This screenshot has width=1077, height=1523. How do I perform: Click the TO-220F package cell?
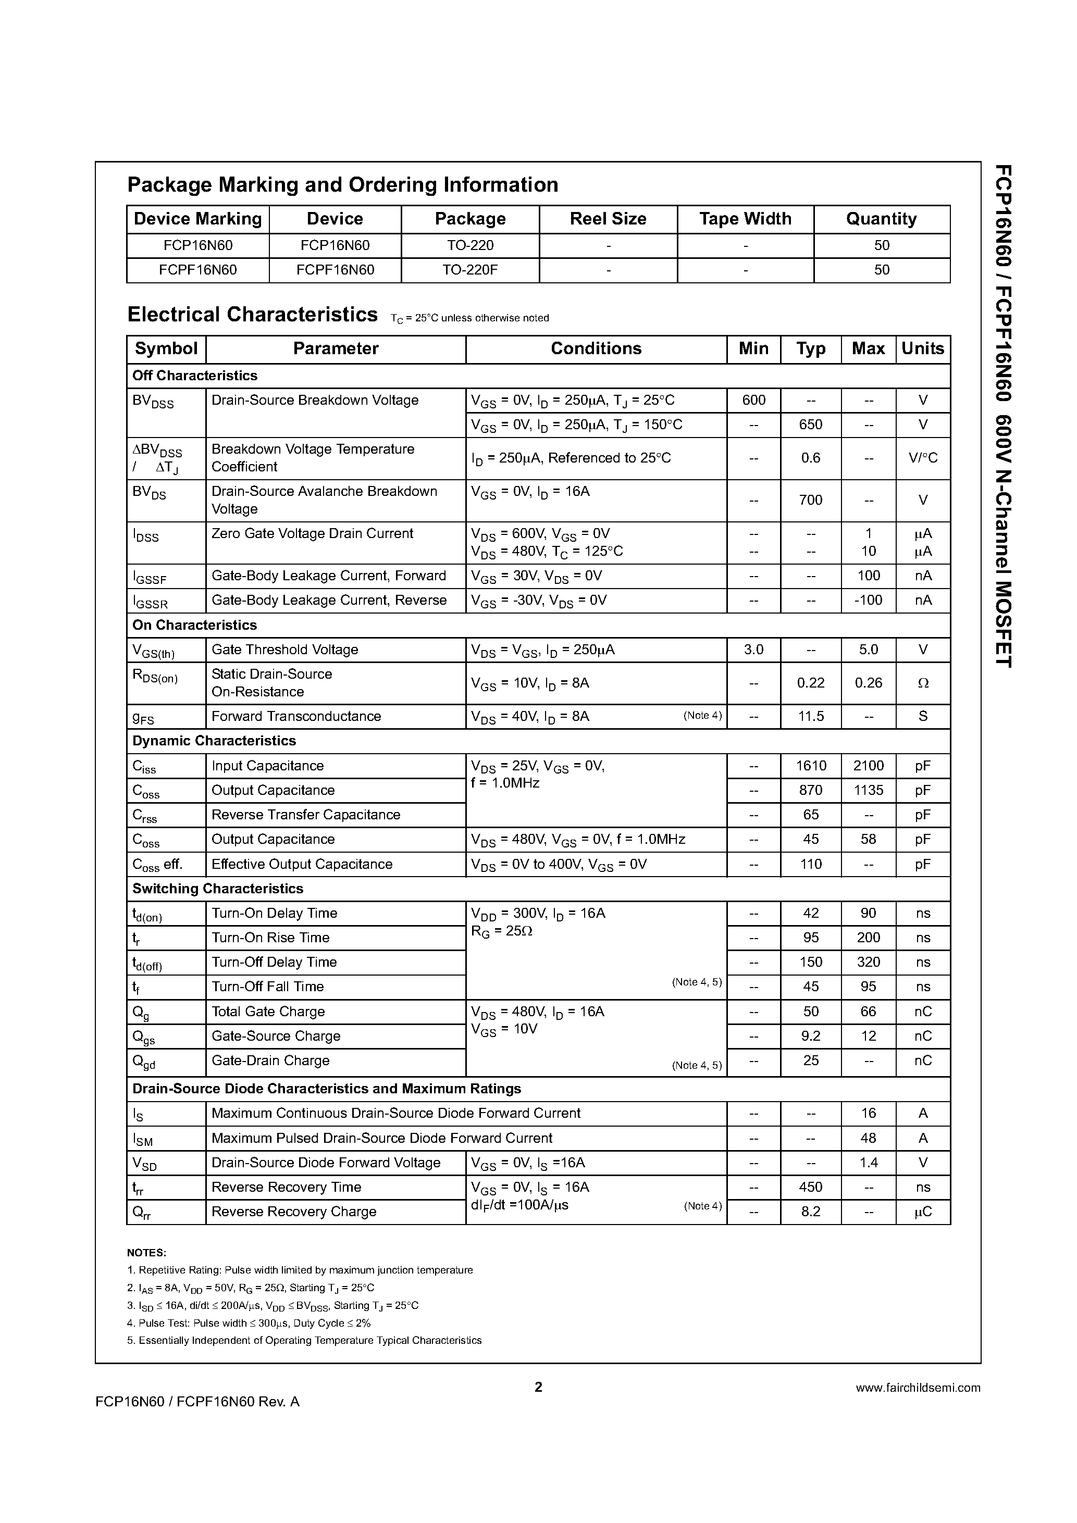(x=471, y=270)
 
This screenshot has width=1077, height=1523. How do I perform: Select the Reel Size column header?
(x=608, y=219)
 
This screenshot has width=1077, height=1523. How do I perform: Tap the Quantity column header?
(x=881, y=219)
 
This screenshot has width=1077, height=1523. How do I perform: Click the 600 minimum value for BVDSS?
(x=754, y=400)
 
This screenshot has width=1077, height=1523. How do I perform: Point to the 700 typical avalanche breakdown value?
(x=810, y=500)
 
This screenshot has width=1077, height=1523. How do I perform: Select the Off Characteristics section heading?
(x=194, y=376)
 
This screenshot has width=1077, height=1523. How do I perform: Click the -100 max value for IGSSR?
(x=868, y=601)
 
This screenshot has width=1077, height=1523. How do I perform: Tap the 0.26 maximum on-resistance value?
(x=868, y=682)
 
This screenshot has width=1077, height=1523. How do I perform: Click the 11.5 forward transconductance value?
(x=810, y=716)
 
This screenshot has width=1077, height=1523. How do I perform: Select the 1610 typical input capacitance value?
(x=811, y=766)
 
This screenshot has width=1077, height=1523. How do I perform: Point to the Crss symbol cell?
(x=145, y=815)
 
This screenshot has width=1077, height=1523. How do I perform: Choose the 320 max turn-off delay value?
(x=868, y=962)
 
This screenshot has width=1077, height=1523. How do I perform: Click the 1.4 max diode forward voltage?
(x=868, y=1162)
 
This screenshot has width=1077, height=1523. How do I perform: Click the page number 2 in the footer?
(x=538, y=1387)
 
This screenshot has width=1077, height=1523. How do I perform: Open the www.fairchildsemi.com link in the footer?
(x=918, y=1387)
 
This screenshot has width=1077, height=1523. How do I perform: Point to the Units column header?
(x=922, y=349)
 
